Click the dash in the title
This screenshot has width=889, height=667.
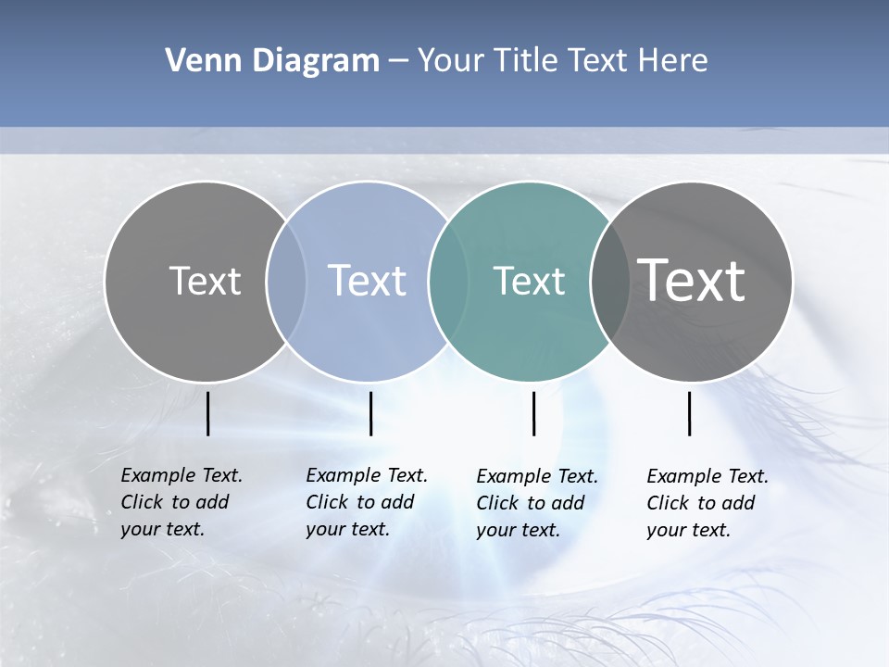pyautogui.click(x=398, y=61)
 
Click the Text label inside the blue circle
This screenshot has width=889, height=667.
pyautogui.click(x=368, y=281)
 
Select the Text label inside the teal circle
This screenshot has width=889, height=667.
pyautogui.click(x=529, y=281)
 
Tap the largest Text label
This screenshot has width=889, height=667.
pyautogui.click(x=692, y=281)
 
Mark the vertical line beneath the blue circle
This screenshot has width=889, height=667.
pyautogui.click(x=370, y=413)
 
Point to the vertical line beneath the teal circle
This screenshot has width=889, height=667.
pyautogui.click(x=533, y=413)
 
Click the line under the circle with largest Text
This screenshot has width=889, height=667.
pyautogui.click(x=689, y=413)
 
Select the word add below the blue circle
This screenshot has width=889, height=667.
pyautogui.click(x=398, y=502)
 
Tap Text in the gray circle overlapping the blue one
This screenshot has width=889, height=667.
pyautogui.click(x=205, y=281)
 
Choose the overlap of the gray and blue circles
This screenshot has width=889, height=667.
pyautogui.click(x=286, y=281)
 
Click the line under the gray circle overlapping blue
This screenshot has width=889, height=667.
pyautogui.click(x=207, y=413)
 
